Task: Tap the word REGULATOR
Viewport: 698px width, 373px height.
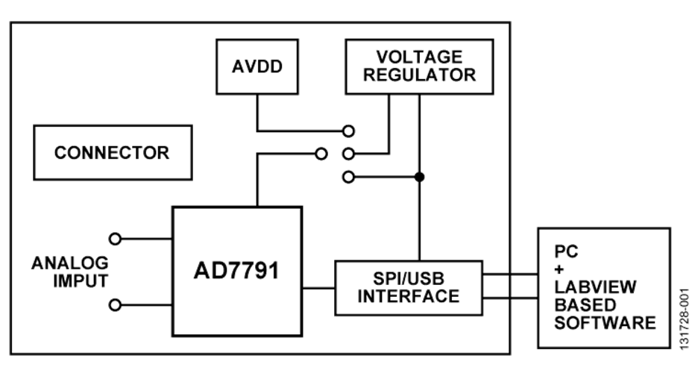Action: (x=418, y=75)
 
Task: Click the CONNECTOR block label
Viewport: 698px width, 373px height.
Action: (x=113, y=153)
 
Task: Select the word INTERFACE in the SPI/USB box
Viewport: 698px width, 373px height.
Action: (x=409, y=295)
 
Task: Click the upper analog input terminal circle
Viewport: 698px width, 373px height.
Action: (x=115, y=239)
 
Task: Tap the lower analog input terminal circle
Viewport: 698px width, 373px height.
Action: (x=115, y=304)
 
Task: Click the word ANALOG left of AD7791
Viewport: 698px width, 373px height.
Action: (x=70, y=263)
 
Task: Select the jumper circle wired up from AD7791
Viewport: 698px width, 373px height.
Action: (x=321, y=154)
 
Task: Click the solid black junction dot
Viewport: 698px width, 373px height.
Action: (x=419, y=177)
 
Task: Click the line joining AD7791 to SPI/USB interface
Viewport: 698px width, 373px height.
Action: (x=318, y=286)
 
